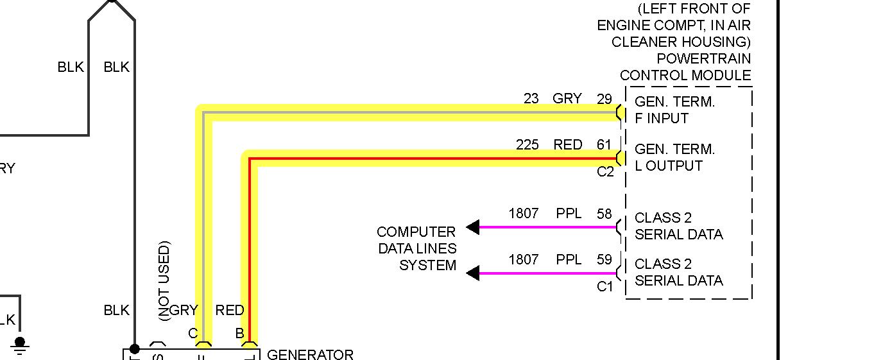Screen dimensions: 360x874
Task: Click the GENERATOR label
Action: click(x=309, y=354)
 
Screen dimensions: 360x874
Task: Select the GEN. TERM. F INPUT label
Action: click(x=674, y=110)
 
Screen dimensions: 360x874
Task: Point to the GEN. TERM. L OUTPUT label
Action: click(x=674, y=157)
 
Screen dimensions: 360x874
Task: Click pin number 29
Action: click(x=604, y=99)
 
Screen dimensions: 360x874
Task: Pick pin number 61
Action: click(x=604, y=145)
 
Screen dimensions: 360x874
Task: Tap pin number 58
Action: click(x=604, y=213)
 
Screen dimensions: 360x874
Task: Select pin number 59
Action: click(x=604, y=260)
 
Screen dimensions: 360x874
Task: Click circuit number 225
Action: click(x=527, y=145)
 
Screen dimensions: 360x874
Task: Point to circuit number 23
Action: click(x=531, y=99)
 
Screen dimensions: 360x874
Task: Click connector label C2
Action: click(x=605, y=172)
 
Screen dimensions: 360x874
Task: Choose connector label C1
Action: click(x=605, y=287)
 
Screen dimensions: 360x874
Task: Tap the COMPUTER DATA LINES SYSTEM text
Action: click(x=417, y=248)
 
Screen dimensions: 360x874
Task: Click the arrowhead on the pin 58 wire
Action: click(x=473, y=227)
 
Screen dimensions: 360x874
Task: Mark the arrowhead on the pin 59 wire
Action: click(x=473, y=273)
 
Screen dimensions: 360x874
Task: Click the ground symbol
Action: click(x=20, y=347)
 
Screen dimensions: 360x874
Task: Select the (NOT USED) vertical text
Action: click(x=164, y=280)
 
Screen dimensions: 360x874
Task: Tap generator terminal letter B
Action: click(x=239, y=334)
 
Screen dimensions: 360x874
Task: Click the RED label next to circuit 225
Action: click(x=567, y=145)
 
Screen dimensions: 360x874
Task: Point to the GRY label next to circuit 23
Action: click(x=567, y=99)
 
